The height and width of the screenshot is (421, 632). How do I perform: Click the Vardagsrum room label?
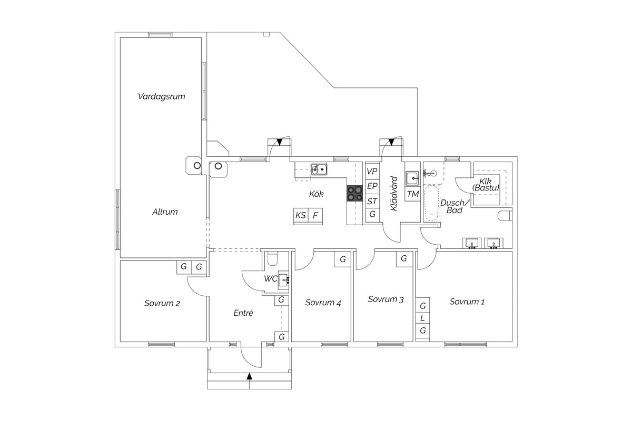(161, 97)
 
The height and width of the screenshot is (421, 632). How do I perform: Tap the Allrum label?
(165, 212)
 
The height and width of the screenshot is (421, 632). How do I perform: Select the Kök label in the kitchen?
(317, 194)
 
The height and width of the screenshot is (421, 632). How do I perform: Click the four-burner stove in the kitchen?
(354, 194)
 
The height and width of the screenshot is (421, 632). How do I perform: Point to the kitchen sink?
(319, 169)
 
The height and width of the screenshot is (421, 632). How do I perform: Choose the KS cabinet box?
(301, 215)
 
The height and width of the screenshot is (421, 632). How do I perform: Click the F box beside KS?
(315, 215)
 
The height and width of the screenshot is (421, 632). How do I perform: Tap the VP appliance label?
(372, 171)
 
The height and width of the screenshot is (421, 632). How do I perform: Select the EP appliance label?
(372, 186)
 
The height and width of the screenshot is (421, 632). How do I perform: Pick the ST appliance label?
(372, 202)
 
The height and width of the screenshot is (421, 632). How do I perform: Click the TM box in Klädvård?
(413, 194)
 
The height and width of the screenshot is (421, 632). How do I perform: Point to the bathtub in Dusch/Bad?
(432, 203)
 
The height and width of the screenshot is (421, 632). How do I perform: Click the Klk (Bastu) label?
(486, 185)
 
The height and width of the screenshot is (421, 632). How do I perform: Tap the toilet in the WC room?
(273, 259)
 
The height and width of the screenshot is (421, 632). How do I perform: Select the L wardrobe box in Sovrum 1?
(422, 318)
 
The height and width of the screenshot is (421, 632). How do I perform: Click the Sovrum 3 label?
(386, 299)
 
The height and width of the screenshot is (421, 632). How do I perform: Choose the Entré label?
(243, 313)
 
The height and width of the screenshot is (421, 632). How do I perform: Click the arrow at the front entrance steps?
(249, 376)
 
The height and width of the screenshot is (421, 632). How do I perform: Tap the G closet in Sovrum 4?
(343, 259)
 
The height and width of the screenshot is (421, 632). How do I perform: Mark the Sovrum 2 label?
(162, 304)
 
